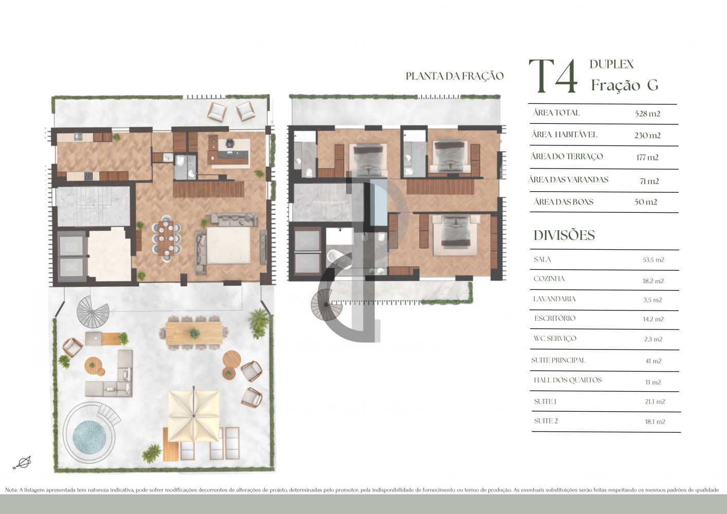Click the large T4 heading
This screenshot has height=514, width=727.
(553, 76)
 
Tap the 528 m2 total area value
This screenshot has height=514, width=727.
(647, 114)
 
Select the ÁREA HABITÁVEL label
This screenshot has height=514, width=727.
(565, 134)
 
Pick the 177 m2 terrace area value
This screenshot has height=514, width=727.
(647, 157)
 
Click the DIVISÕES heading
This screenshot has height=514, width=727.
(564, 235)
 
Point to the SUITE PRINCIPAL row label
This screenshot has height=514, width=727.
(558, 360)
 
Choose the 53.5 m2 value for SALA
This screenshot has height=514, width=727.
(653, 260)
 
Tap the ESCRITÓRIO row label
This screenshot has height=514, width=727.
(555, 318)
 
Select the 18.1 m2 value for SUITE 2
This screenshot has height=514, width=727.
(655, 421)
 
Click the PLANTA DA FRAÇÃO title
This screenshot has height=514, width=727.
(455, 76)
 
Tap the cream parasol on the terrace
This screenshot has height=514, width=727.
(193, 416)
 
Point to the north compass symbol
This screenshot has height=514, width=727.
(22, 463)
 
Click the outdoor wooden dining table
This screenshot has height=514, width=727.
(194, 333)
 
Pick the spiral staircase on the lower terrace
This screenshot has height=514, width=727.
(93, 312)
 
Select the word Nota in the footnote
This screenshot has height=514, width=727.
(11, 490)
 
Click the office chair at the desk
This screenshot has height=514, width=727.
(230, 143)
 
